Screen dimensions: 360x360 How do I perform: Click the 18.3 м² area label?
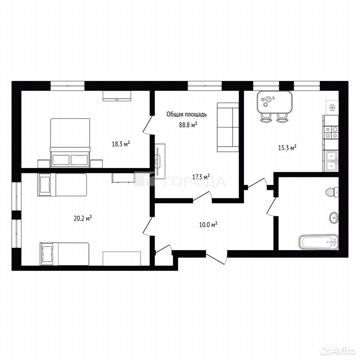pos(121,144)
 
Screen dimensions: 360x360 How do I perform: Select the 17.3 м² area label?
pos(201,177)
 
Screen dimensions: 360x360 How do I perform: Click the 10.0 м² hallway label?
pos(208,224)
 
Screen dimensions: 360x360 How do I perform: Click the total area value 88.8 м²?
pos(188,124)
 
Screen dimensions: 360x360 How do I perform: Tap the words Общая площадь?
pos(187,114)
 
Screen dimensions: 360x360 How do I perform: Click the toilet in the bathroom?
pos(332,192)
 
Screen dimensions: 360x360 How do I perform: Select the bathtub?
pos(319,242)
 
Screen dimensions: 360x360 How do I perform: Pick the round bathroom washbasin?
pos(334,217)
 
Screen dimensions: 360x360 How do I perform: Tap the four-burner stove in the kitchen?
pos(331,132)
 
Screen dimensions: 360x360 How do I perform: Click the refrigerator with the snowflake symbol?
pos(333,108)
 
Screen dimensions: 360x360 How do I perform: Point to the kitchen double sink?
pos(331,161)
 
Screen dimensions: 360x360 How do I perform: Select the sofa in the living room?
pos(228,127)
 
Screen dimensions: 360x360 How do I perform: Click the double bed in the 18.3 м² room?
pos(70,142)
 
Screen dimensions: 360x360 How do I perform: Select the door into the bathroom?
pos(273,206)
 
